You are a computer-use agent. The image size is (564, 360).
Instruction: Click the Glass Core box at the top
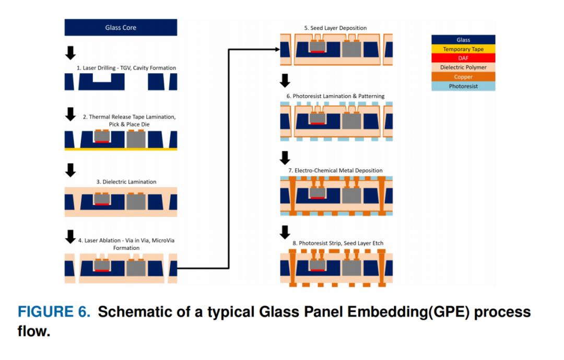point(121,28)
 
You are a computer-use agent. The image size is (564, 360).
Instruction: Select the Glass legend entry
point(463,40)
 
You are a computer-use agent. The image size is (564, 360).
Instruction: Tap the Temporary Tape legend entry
point(463,49)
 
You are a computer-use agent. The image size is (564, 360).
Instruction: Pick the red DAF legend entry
point(463,59)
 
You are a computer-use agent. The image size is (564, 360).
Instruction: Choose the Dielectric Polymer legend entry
point(463,67)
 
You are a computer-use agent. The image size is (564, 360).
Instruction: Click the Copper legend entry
point(463,77)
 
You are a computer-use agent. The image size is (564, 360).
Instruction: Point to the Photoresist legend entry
point(463,86)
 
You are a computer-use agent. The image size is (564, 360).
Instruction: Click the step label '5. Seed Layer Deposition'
point(336,28)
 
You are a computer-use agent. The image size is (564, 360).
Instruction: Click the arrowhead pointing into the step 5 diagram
point(277,49)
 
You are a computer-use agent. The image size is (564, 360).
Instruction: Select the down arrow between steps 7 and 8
point(285,231)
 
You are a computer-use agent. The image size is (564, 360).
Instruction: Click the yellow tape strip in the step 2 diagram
point(121,149)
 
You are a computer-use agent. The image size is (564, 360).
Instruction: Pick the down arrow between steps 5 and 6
point(285,81)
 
